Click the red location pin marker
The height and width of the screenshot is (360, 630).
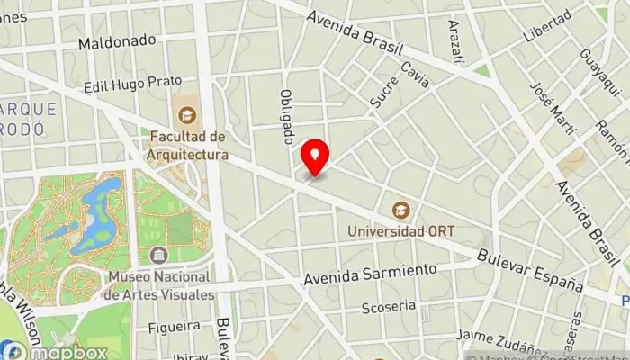pos(315,157)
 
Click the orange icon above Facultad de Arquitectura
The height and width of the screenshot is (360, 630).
pos(188,114)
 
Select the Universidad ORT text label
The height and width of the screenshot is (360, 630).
pos(401,230)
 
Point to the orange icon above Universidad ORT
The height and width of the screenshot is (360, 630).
pos(401,211)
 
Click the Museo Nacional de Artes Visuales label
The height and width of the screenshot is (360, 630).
pos(158,286)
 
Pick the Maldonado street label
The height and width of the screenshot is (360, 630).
pos(117,41)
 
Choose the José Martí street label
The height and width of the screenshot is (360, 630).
pos(553,108)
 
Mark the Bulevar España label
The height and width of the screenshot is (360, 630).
pos(531,269)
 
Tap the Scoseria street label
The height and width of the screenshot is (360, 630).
pos(389,306)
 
